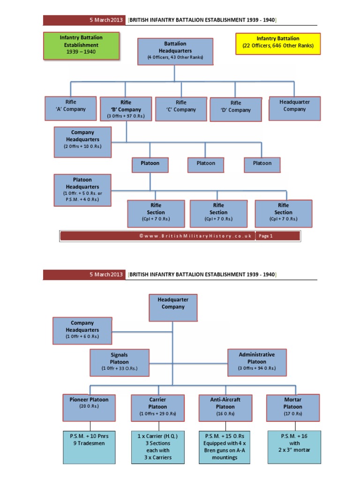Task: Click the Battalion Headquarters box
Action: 175,52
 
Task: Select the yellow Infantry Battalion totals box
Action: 278,44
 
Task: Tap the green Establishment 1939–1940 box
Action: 81,45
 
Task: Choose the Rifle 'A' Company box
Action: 71,108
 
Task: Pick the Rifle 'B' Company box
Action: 126,109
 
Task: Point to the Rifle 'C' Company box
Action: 181,109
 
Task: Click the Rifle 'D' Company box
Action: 236,110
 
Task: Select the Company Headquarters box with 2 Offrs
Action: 82,142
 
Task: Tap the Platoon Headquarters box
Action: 82,190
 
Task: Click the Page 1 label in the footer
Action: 265,236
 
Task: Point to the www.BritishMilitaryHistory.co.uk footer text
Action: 195,236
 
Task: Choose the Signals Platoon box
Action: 120,362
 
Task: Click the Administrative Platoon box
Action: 257,362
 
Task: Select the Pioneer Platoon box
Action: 89,408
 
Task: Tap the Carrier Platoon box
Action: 157,408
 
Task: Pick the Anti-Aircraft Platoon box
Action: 225,408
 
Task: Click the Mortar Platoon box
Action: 293,408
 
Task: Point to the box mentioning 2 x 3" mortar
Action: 294,447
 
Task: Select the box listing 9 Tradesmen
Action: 89,447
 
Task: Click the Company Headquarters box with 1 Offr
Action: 82,330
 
